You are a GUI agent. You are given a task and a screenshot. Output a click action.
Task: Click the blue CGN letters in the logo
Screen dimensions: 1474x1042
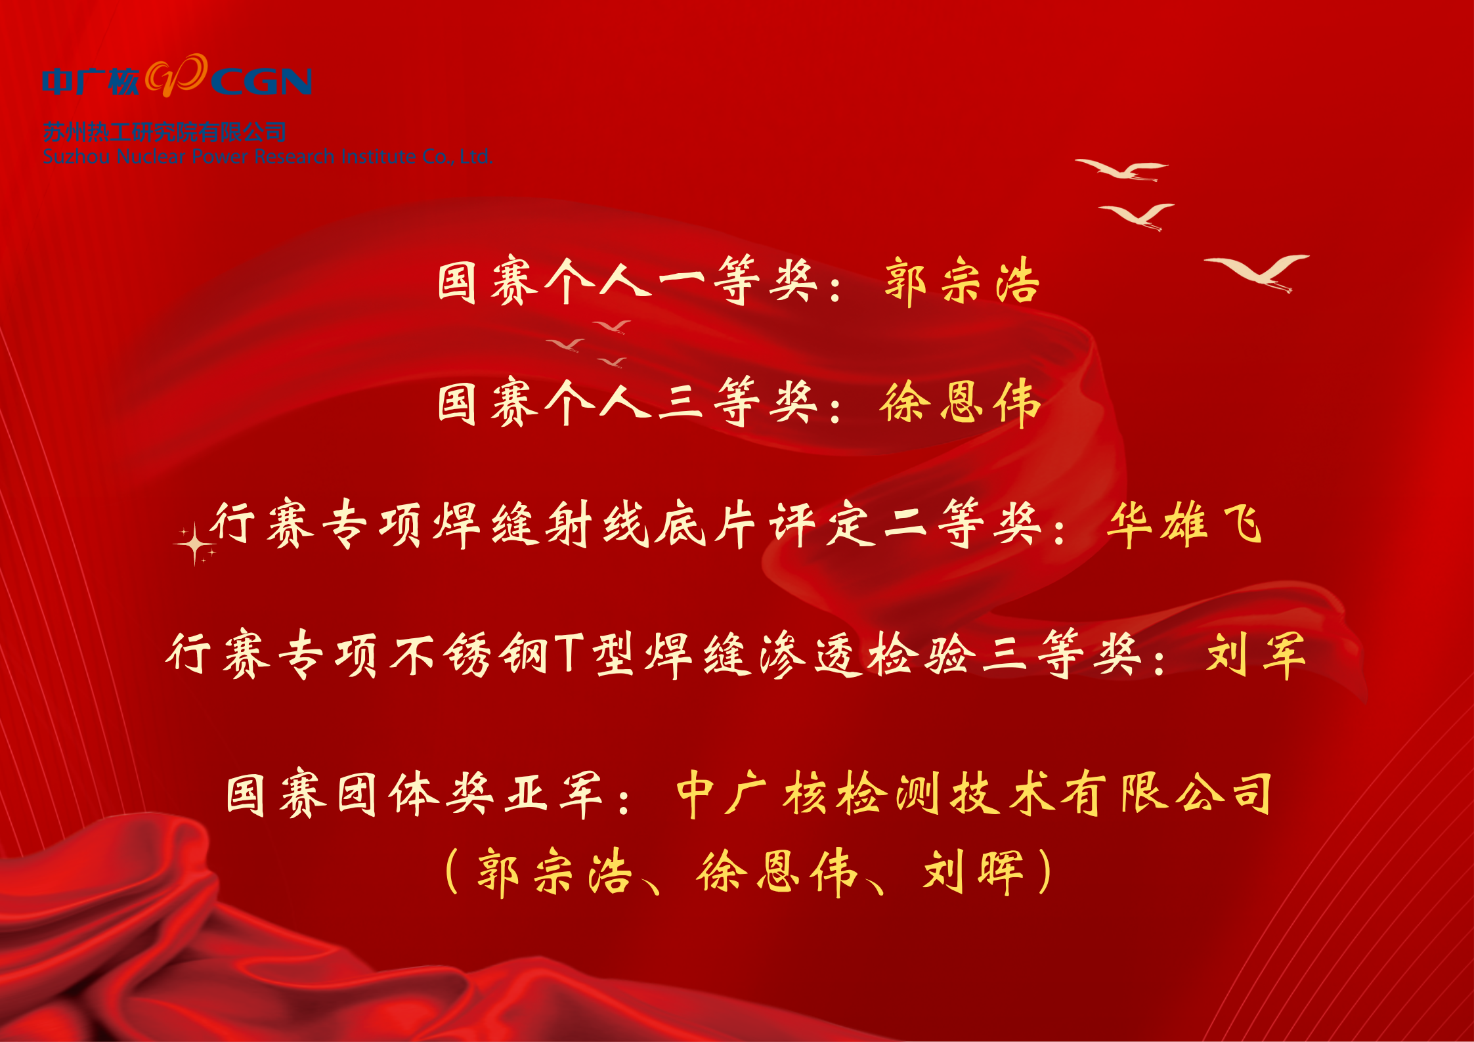point(261,81)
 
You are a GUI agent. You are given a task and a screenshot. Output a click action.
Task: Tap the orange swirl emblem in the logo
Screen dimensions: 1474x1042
point(176,75)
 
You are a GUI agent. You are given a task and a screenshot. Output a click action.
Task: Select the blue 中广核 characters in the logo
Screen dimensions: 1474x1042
point(91,81)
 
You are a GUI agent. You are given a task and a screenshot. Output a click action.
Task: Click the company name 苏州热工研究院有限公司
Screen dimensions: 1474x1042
point(165,133)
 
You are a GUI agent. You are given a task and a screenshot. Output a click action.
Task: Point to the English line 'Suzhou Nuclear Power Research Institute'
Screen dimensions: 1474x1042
point(229,157)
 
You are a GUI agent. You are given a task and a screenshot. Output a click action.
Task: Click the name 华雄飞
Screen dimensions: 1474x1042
point(1184,525)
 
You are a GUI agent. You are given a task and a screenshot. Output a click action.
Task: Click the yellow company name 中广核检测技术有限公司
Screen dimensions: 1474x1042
point(974,794)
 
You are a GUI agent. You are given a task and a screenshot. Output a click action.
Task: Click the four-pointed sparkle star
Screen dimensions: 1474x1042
point(194,544)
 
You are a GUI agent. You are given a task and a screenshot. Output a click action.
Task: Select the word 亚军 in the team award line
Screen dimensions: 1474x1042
point(553,794)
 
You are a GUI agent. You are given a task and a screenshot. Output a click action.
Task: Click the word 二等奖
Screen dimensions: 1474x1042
point(962,523)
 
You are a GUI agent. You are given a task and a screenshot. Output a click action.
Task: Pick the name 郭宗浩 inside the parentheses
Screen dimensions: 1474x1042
point(555,873)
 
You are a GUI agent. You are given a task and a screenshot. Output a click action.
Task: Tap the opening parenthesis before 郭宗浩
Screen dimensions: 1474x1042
point(452,872)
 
